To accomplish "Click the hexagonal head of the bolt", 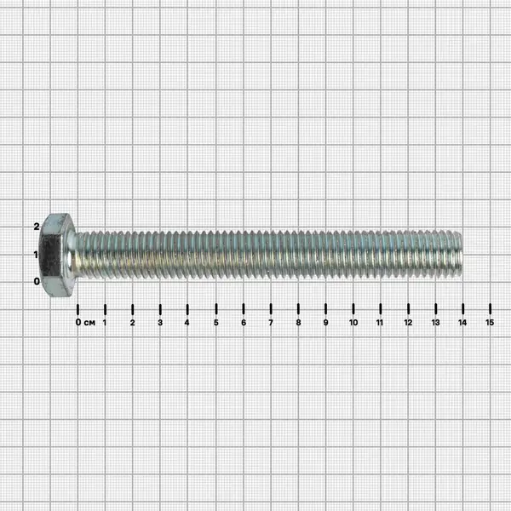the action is click(55, 255).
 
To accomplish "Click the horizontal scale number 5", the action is click(216, 323).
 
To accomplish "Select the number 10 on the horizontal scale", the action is click(353, 323).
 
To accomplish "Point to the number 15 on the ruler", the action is click(490, 323).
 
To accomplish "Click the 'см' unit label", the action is click(89, 323).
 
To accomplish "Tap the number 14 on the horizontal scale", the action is click(462, 323).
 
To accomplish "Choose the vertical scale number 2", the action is click(37, 227).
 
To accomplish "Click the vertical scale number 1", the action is click(36, 255).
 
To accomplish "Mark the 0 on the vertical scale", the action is click(37, 281).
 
